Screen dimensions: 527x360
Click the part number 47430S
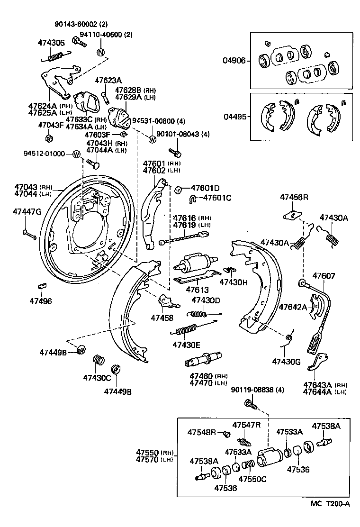(51, 43)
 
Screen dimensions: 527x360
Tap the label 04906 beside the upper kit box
(234, 60)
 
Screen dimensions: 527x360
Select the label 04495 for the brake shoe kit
(234, 116)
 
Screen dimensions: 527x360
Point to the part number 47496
(41, 301)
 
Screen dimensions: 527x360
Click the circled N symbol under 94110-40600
(100, 52)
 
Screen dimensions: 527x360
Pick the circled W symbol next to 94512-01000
(76, 154)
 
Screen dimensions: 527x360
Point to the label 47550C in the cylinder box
(252, 479)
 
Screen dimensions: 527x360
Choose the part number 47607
(324, 275)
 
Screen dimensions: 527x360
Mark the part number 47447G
(27, 211)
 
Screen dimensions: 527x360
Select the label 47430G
(286, 362)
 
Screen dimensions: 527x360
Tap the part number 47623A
(108, 80)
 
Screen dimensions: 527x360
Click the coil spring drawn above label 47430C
(98, 360)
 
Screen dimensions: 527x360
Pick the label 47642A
(293, 307)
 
